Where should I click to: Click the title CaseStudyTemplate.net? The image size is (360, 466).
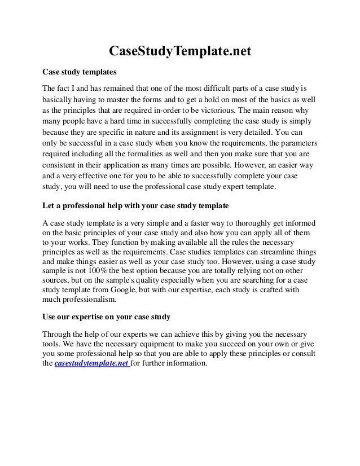[x=179, y=52]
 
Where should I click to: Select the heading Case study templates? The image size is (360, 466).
[x=80, y=73]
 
